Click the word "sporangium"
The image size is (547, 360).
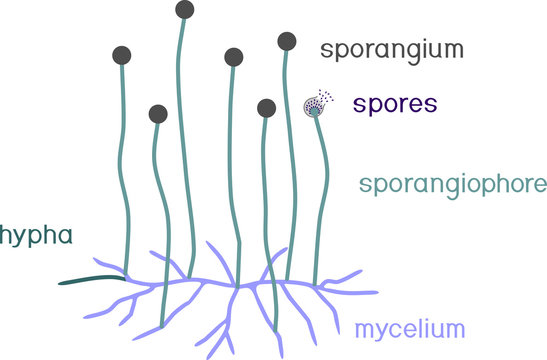pos(381,49)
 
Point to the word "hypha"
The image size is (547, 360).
pos(36,236)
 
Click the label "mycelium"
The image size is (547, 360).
pos(411,327)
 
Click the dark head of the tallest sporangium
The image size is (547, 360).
pos(184,10)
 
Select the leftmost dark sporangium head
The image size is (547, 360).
pos(122,56)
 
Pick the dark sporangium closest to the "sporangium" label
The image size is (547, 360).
pos(287,41)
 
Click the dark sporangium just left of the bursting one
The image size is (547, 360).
pos(266,107)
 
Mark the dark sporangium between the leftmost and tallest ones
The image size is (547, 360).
pos(158,115)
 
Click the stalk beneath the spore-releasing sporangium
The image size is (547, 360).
pos(323,200)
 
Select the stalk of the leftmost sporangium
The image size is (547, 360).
pos(125,170)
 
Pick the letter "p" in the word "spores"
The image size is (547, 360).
pos(374,106)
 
